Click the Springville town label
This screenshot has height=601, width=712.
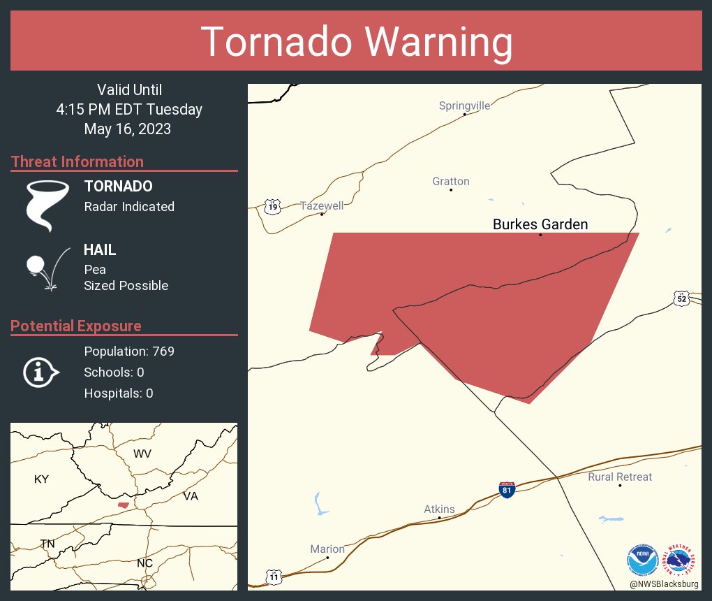pos(464,106)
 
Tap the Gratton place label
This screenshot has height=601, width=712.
pos(450,182)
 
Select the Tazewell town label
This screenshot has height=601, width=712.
pos(322,206)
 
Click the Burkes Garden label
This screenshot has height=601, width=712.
pos(540,224)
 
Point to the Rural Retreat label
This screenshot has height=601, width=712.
pos(620,477)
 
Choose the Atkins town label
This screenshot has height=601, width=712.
pos(439,509)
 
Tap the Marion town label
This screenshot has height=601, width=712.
pos(327,549)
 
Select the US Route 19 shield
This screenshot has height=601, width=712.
pos(272,206)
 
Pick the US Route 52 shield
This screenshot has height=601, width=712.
pos(682,298)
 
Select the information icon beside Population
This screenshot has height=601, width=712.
pos(40,372)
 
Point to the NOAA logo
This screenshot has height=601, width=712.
pos(642,560)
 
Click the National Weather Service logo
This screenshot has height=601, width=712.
pos(681,560)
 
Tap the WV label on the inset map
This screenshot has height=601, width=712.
pos(142,454)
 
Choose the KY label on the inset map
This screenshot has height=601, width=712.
pos(42,479)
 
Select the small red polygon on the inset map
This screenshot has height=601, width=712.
pos(124,505)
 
